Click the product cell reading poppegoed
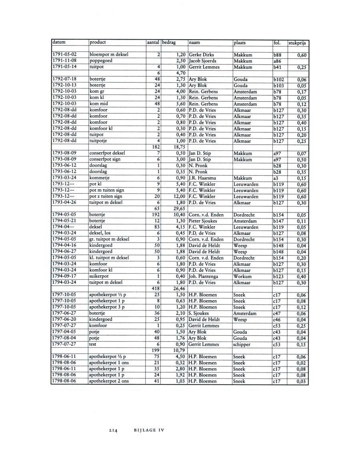[101, 61]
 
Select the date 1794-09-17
[64, 276]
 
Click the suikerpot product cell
[100, 276]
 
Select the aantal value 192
[156, 215]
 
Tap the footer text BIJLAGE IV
[149, 431]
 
